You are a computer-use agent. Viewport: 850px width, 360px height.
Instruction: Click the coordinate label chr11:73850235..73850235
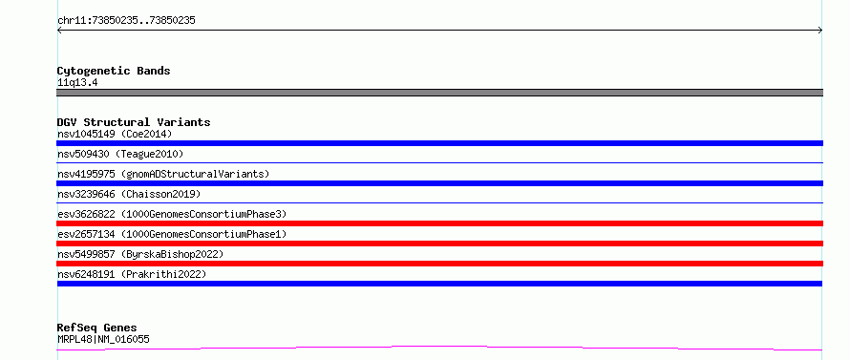pos(126,21)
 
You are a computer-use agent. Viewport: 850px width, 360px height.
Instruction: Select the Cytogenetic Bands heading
pos(114,71)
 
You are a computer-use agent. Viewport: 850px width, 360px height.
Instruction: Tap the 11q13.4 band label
pos(77,83)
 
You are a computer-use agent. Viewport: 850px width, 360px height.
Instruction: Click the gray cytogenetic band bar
pos(439,93)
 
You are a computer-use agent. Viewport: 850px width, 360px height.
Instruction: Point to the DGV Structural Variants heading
pos(134,122)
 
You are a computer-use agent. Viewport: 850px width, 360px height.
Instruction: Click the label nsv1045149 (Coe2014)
pos(115,134)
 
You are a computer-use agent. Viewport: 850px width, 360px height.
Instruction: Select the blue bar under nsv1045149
pos(439,143)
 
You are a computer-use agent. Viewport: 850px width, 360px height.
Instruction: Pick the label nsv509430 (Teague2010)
pos(120,154)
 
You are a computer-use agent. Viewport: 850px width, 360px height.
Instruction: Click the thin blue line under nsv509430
pos(439,162)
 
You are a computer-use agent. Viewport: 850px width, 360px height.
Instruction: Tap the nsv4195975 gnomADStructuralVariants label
pos(163,174)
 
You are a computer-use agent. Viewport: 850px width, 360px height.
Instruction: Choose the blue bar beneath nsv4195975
pos(439,183)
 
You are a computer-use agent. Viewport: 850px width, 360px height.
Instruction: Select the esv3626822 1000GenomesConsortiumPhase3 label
pos(172,214)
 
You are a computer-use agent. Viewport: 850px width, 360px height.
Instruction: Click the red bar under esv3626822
pos(439,223)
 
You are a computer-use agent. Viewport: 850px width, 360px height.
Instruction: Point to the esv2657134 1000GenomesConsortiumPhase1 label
pos(172,234)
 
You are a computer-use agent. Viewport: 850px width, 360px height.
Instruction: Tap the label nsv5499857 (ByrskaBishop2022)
pos(140,254)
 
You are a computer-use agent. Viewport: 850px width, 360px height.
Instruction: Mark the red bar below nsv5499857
pos(439,264)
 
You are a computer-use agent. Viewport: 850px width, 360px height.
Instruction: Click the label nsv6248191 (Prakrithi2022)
pos(132,274)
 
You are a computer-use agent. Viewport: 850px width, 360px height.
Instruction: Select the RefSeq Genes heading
pos(97,328)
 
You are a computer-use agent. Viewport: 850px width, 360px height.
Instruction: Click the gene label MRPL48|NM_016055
pos(103,339)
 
